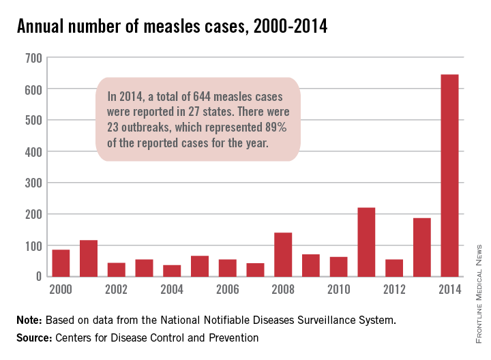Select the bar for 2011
tap(366, 242)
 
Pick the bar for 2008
tap(283, 254)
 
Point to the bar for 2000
tap(61, 262)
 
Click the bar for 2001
tap(89, 258)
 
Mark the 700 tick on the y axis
tap(33, 58)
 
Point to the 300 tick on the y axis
tap(33, 183)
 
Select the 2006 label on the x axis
tap(227, 290)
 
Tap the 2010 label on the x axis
tap(338, 290)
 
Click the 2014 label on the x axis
tap(449, 290)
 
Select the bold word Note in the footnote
tap(30, 319)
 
